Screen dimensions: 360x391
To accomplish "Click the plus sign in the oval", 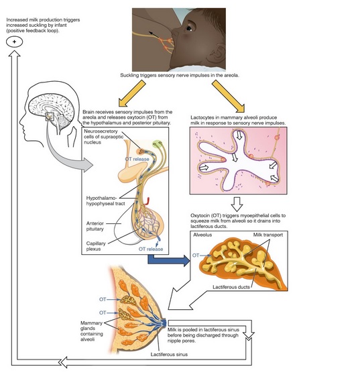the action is coord(14,42).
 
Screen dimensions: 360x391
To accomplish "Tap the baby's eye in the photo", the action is coord(189,28).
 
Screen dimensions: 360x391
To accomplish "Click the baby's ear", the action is coord(216,54).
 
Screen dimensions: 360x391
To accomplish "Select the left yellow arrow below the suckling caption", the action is coord(132,93).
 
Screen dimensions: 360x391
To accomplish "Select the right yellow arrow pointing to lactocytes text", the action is coord(229,97).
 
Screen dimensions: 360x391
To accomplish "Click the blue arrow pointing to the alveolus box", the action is coord(169,260).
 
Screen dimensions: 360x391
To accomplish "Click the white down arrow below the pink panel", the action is coord(237,205).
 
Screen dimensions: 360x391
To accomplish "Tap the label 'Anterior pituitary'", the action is coord(95,226).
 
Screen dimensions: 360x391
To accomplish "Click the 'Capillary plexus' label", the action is coord(96,246).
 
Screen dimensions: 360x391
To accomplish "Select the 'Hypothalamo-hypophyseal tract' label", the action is coord(105,201).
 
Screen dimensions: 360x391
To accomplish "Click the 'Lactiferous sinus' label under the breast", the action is coord(169,354).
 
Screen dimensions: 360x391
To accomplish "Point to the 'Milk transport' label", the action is coord(268,235).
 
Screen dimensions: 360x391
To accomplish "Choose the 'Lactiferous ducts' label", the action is coord(231,287).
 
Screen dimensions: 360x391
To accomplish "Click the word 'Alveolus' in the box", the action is coord(202,235).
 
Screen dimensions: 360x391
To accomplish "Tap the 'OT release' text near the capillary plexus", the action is coord(151,249).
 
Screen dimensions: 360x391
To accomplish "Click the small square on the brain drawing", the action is coord(50,117).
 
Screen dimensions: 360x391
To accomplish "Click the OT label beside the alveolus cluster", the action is coord(196,256).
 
